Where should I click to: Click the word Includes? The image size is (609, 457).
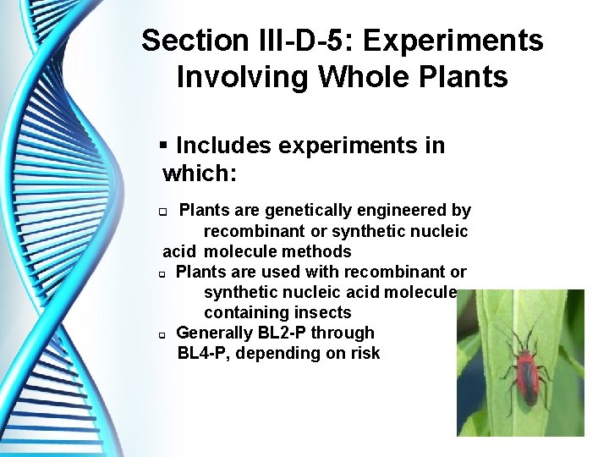pos(224,146)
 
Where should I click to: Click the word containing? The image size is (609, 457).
pos(241,312)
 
